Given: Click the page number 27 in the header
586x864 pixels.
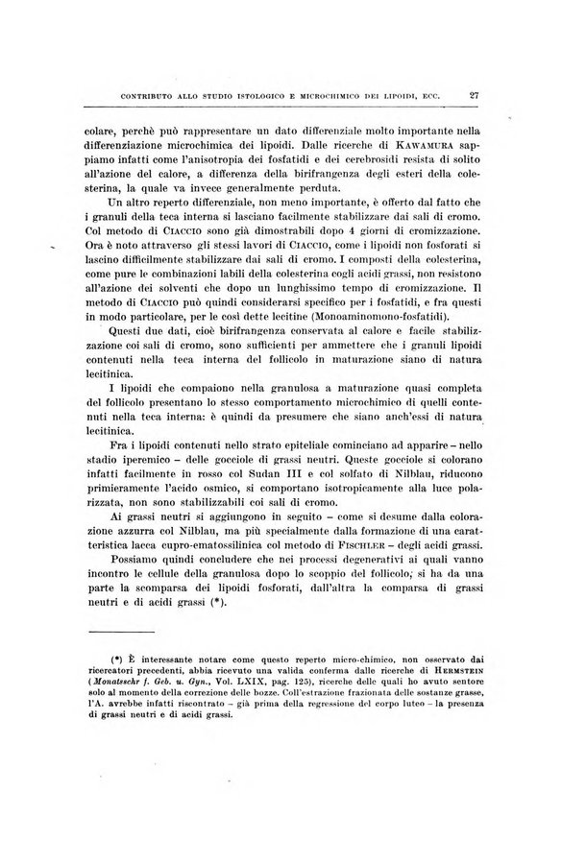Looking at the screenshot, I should pyautogui.click(x=475, y=95).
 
